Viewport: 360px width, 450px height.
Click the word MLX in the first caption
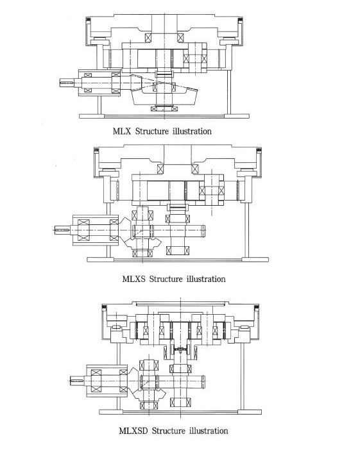point(122,131)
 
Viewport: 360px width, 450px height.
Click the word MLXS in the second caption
point(134,279)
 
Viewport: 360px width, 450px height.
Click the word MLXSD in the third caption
point(133,431)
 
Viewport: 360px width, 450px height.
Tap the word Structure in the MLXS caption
point(166,279)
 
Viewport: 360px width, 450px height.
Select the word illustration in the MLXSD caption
point(209,431)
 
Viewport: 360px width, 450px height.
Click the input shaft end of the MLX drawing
point(67,83)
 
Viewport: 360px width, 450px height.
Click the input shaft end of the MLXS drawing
point(62,230)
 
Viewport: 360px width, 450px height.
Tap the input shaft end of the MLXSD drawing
point(77,381)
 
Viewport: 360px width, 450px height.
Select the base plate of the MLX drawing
point(164,116)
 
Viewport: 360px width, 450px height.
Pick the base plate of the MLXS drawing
point(178,260)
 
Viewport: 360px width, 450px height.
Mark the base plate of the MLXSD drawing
point(180,412)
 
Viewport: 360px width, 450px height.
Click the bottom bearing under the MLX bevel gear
point(164,109)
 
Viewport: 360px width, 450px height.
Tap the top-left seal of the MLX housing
point(88,19)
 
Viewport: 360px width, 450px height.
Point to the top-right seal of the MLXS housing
point(259,150)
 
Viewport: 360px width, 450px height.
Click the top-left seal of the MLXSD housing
point(105,308)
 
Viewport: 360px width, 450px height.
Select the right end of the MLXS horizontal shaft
point(203,231)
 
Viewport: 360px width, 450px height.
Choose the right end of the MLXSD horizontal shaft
point(203,381)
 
